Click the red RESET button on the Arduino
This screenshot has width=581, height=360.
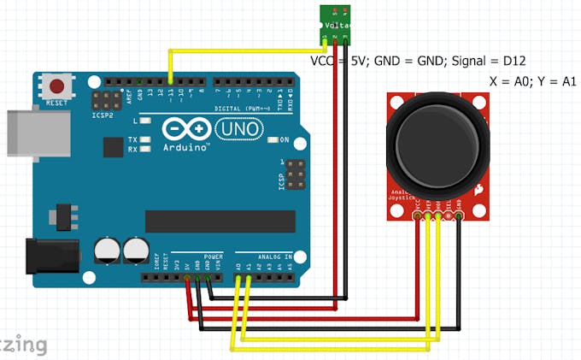click(57, 86)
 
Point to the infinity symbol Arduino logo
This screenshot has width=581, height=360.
click(185, 129)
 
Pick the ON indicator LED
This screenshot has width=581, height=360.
click(273, 139)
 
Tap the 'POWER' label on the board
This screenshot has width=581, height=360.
click(214, 256)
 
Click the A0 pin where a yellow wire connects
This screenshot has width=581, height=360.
click(238, 267)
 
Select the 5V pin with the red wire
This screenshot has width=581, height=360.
click(187, 267)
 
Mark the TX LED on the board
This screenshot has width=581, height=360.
click(145, 139)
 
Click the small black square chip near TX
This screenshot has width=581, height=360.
click(112, 146)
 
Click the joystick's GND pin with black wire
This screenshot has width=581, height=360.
click(460, 217)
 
